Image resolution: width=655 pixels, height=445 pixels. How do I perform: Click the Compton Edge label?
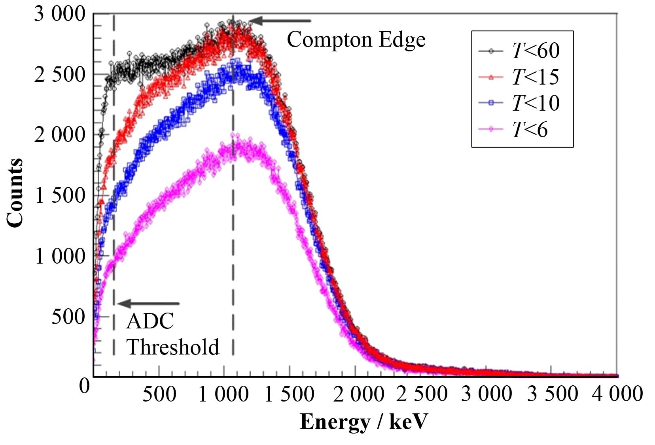tap(356, 40)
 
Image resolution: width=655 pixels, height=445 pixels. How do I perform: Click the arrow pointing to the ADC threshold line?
tap(149, 304)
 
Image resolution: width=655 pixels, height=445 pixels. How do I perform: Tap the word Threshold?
tap(172, 347)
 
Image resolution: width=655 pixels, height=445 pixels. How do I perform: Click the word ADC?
tap(150, 321)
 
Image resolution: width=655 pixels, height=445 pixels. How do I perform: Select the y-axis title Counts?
tap(15, 193)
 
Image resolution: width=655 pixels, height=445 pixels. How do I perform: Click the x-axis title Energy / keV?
tap(363, 422)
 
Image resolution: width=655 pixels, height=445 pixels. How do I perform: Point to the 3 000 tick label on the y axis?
tap(59, 14)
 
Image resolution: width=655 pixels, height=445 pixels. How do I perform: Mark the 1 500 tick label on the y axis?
tap(60, 196)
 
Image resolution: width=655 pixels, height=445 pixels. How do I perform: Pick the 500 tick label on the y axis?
tap(68, 317)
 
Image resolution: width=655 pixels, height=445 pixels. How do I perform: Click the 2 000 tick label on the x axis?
tap(358, 394)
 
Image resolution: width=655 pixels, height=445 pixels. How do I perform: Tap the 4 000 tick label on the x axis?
tap(617, 394)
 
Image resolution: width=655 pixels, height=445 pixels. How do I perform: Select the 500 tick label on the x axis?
tap(159, 394)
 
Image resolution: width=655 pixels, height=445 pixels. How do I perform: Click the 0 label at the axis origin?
tap(84, 385)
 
